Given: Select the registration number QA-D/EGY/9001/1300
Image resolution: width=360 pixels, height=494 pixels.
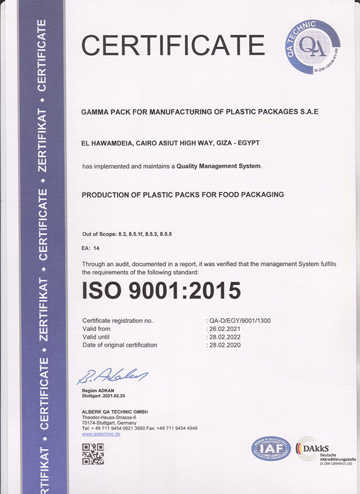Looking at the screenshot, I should [x=240, y=321].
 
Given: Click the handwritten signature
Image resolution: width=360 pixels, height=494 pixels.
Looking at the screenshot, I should [x=112, y=376].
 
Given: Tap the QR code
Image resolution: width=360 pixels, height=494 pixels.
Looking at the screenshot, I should [x=93, y=454].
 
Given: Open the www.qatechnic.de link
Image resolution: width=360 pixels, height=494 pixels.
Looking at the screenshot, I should [x=101, y=433].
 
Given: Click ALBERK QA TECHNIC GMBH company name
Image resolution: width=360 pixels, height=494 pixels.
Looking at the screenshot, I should [x=115, y=411].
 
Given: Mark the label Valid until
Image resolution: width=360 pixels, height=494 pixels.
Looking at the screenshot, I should [x=97, y=337].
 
